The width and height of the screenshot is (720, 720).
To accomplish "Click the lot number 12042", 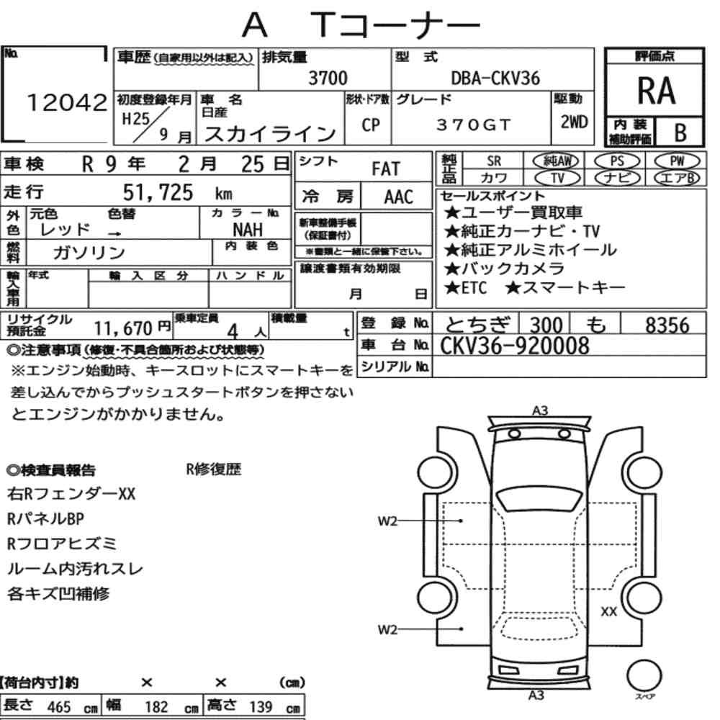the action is coord(67,102).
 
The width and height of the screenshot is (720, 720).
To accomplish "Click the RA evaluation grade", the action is coord(656,91).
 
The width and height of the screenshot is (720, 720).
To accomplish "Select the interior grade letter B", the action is coord(680,132).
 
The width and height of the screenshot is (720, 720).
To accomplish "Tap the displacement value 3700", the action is coord(328,78).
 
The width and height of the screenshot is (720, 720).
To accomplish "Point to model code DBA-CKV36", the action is coord(495,78).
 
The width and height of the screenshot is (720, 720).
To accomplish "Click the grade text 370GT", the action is coord(473,125).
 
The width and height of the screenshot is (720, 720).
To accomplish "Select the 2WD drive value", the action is coord(574,122).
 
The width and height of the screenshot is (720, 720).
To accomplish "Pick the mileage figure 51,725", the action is coord(158,192).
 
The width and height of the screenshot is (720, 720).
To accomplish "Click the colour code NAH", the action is coord(248,230).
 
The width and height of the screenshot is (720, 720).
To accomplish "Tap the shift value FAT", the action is coord(386,169).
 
